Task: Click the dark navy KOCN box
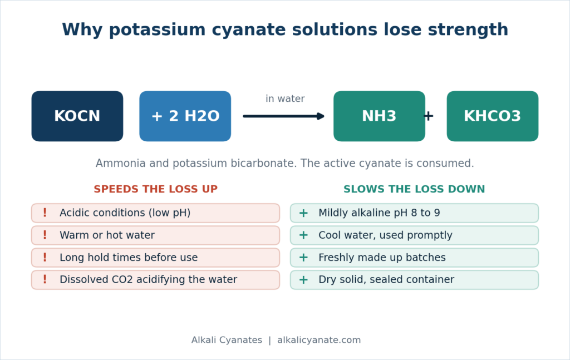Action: click(x=77, y=116)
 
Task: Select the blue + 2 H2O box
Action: click(x=185, y=116)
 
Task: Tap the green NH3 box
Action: click(x=379, y=116)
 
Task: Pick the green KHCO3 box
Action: click(x=493, y=116)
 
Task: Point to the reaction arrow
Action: click(x=283, y=116)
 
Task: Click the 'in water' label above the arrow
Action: click(x=285, y=99)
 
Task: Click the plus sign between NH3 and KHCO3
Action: click(x=429, y=116)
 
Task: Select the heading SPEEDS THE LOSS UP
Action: click(x=156, y=189)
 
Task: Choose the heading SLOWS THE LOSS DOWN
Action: click(x=414, y=189)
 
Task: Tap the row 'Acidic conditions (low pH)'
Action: click(x=156, y=213)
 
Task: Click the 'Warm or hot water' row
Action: click(x=156, y=235)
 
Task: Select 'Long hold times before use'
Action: click(x=156, y=258)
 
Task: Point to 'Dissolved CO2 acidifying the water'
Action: click(x=156, y=280)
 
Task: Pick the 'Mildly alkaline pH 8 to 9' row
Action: click(x=414, y=213)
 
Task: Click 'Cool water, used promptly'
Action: click(x=414, y=235)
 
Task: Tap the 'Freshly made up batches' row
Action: click(x=414, y=258)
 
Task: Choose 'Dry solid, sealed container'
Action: click(x=414, y=280)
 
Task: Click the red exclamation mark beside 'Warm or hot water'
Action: click(x=45, y=235)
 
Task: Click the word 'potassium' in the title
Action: click(x=158, y=30)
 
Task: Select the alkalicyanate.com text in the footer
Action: click(x=319, y=340)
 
